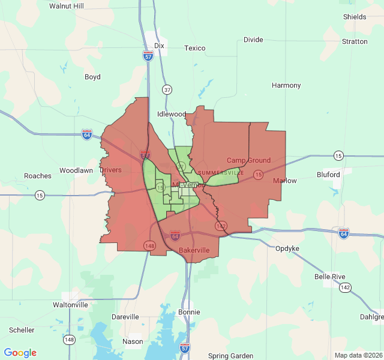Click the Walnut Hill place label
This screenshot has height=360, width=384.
(67, 6)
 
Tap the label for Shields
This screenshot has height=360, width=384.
(355, 17)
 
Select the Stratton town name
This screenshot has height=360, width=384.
(355, 41)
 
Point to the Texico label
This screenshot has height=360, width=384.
(194, 48)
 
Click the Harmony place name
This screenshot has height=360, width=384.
(286, 85)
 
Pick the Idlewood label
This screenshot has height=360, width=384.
(172, 114)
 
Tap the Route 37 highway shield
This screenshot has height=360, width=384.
(167, 90)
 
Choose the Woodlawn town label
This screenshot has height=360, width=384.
(76, 170)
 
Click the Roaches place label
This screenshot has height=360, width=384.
(38, 176)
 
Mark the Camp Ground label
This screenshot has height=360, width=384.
(248, 160)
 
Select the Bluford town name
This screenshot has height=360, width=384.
(328, 175)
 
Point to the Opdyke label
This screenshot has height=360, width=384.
(287, 248)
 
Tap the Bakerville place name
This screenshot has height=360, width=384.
(194, 250)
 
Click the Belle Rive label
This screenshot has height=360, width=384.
(330, 277)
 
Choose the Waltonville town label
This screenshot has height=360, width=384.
(70, 305)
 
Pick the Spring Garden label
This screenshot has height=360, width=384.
(231, 356)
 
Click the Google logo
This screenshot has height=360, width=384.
(20, 353)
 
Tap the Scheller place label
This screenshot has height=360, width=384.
(22, 330)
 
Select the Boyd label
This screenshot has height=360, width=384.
(92, 77)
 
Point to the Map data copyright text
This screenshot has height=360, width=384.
(358, 355)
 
